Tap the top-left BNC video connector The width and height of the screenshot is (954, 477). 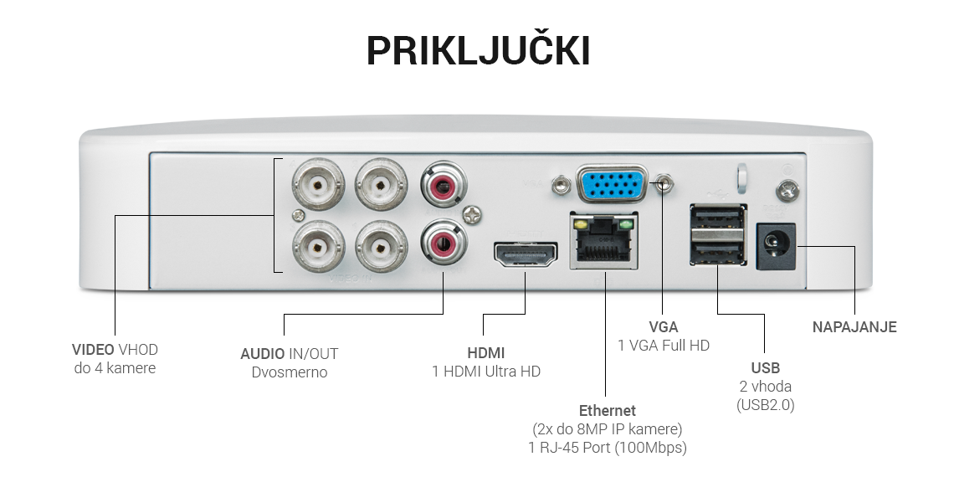click(x=318, y=183)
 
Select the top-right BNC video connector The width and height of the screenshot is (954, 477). click(x=381, y=183)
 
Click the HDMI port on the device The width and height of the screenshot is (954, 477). click(x=526, y=255)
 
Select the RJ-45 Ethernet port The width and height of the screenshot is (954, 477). click(x=603, y=242)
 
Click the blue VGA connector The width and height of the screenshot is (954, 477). click(x=612, y=184)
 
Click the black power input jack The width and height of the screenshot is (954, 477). click(x=776, y=246)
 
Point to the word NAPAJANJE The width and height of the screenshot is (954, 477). click(x=854, y=327)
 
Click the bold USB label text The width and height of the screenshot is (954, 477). click(x=765, y=368)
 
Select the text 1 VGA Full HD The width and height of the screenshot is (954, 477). click(x=664, y=346)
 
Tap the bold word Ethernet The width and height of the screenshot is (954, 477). click(x=608, y=411)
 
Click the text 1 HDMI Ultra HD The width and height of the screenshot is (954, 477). click(x=486, y=372)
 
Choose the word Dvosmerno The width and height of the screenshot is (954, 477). click(x=290, y=372)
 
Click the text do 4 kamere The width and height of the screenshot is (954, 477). click(x=115, y=368)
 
